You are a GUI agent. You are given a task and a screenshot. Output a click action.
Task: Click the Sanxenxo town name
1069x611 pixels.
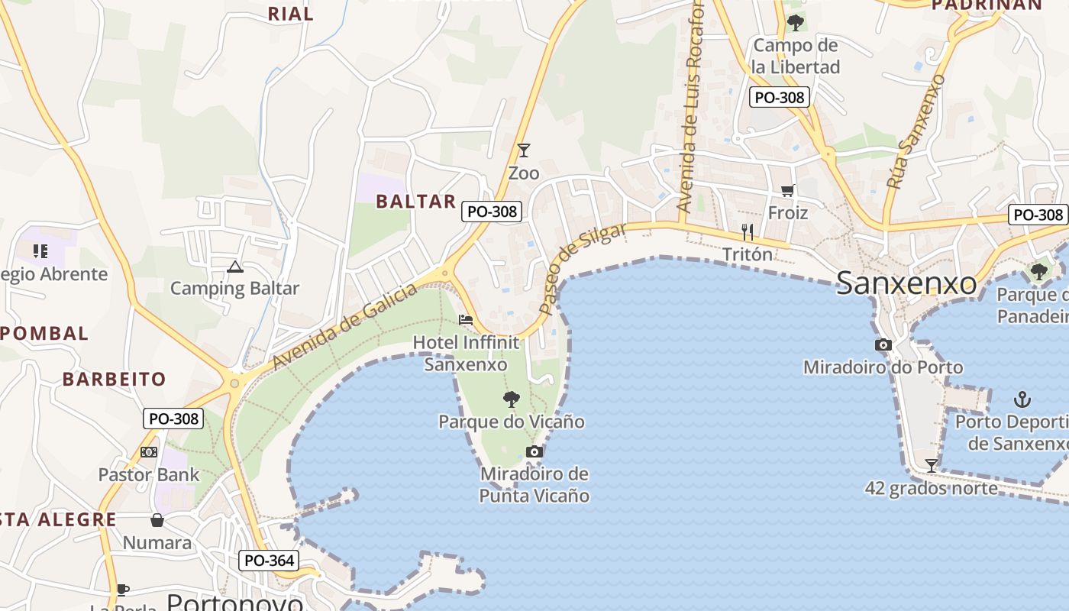point(906,283)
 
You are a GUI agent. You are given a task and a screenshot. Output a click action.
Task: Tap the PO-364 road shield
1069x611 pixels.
point(270,560)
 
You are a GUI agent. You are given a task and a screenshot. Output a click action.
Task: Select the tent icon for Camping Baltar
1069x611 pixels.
point(234,267)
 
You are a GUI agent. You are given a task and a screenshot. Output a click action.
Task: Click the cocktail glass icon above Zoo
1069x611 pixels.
point(523,150)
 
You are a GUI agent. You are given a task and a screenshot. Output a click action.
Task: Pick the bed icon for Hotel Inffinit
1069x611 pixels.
point(466,319)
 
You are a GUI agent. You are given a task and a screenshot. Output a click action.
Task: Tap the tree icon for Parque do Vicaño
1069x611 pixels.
point(511,399)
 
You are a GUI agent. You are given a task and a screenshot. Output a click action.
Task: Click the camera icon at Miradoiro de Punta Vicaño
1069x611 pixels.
point(534,451)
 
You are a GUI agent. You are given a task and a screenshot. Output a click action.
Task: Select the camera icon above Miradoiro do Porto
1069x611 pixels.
point(883,344)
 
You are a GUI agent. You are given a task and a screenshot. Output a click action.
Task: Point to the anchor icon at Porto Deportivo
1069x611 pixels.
point(1022,399)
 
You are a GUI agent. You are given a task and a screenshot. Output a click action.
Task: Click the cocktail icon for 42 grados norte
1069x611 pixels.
point(931,465)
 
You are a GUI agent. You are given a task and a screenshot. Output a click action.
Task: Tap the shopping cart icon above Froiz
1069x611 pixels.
point(787,190)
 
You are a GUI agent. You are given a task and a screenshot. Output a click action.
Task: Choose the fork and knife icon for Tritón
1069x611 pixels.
point(748,231)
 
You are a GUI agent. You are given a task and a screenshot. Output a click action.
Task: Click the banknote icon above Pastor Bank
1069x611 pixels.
point(149,452)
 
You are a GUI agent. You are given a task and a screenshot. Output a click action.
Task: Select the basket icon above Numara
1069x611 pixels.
point(157,520)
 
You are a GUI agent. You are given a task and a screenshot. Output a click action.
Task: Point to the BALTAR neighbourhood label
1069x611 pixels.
point(415,202)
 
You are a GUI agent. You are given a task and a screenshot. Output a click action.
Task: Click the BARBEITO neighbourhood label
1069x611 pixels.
point(114,379)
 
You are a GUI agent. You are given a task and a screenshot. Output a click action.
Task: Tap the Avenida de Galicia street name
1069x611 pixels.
point(345,326)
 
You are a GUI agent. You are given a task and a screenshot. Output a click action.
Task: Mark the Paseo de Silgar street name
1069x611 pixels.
point(581,268)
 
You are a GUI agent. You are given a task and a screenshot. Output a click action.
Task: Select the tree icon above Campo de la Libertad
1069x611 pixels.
point(796,23)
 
